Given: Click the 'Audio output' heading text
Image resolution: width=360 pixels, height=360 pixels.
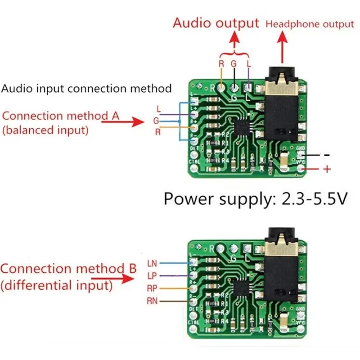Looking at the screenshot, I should [216, 23].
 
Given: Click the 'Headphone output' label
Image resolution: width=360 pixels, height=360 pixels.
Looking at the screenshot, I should [310, 24].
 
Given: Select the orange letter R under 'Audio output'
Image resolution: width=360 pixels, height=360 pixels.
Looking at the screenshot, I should [221, 64].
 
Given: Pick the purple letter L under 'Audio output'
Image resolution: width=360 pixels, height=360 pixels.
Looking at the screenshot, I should [249, 64].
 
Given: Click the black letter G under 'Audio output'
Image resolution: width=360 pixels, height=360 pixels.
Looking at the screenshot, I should [234, 64].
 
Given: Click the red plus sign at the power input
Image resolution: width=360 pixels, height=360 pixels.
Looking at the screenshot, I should [328, 170].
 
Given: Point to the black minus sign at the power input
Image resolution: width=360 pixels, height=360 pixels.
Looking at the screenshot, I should [327, 154].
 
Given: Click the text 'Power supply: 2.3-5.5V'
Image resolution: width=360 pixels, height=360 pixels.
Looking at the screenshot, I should [255, 198].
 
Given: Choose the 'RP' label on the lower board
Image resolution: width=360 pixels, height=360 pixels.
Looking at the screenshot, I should [152, 288].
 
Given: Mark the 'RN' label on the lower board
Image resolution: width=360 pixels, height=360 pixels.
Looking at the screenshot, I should [152, 301].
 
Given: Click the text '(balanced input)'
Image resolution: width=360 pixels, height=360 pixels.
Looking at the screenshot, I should [45, 130].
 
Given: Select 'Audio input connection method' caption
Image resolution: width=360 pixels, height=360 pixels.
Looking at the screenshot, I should [86, 88].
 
